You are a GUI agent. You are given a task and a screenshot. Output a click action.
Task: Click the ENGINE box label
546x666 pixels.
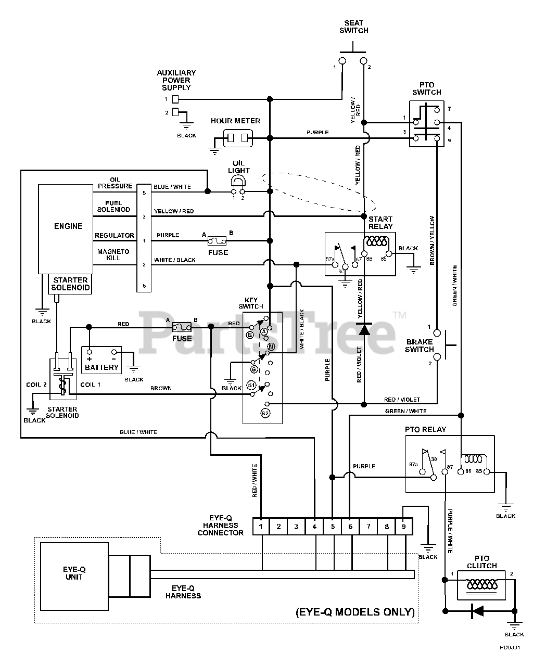tap(68, 226)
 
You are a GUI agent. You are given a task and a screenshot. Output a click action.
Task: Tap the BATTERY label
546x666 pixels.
tap(101, 367)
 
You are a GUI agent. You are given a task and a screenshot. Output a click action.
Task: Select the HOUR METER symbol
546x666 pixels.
tap(238, 138)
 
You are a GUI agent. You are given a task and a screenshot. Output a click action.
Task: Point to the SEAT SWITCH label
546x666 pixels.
tap(354, 27)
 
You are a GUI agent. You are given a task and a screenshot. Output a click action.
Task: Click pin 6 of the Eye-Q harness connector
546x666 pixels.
tap(350, 527)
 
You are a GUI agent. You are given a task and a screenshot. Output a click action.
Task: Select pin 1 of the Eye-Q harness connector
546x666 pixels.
tap(261, 527)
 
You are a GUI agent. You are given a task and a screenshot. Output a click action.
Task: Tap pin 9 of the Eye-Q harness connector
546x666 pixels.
tap(404, 527)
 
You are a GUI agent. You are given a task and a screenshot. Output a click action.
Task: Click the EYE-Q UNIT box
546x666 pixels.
tap(74, 577)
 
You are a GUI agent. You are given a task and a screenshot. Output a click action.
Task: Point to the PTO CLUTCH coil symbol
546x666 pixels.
tap(482, 584)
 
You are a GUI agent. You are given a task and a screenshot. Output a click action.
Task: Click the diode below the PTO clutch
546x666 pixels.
tap(477, 611)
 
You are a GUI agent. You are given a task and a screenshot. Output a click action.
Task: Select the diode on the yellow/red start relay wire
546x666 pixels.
tap(364, 329)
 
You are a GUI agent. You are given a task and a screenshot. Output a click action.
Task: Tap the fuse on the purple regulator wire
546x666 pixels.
tap(217, 241)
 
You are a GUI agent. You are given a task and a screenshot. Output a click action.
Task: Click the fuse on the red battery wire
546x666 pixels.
tap(182, 327)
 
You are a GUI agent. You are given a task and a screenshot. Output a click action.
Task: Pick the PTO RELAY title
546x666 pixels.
tap(425, 429)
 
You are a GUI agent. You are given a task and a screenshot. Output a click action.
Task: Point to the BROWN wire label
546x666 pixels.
tap(161, 388)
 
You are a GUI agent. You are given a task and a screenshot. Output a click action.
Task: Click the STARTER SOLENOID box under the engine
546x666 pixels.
tap(70, 284)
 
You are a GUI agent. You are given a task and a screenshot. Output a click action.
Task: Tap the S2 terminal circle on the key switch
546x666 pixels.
tap(265, 413)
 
